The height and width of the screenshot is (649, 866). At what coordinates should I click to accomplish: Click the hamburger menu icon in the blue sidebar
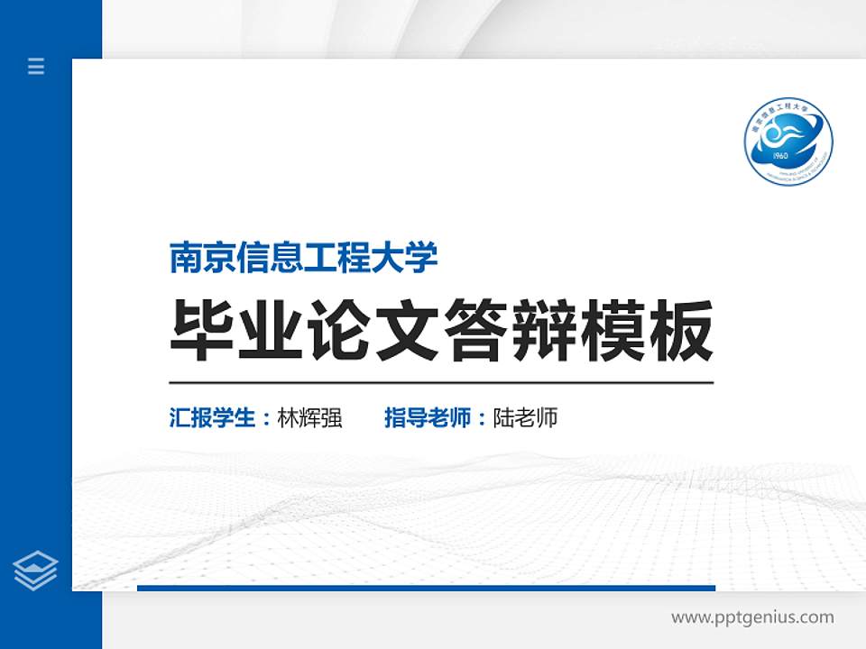(36, 66)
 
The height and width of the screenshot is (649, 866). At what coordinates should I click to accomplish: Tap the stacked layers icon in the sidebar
(36, 571)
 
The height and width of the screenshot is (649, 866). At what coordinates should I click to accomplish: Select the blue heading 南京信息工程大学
(304, 258)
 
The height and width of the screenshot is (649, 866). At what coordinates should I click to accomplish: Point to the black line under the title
(442, 382)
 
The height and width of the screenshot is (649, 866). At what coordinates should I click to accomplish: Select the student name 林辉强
(310, 418)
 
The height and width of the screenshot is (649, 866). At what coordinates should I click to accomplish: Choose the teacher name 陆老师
(526, 418)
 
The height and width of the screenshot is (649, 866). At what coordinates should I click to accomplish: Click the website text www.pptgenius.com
(752, 617)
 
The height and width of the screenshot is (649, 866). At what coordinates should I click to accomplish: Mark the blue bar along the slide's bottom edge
(426, 588)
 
